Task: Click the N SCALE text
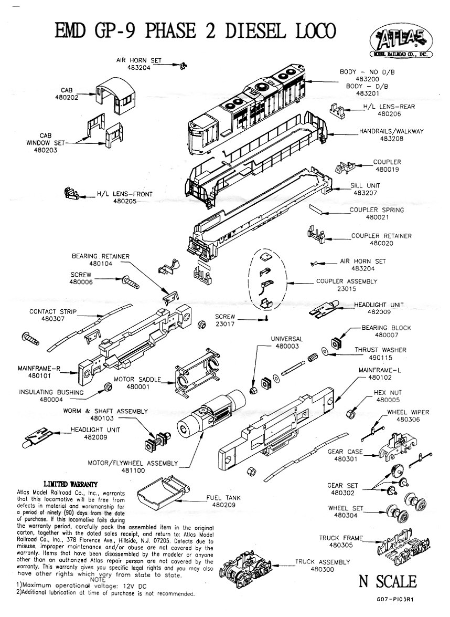pos(388,581)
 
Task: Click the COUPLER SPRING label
pos(377,210)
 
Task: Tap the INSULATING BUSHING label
pos(51,392)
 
